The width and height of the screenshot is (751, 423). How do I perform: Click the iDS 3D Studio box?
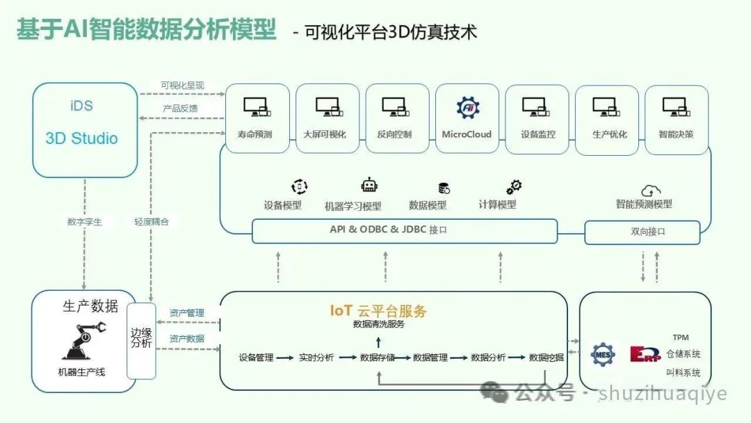coord(85,129)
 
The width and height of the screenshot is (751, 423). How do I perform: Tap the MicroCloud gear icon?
coord(467,107)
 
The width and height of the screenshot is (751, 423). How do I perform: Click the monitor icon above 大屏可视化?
coord(328,107)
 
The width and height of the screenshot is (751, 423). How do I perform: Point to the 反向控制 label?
coord(394,134)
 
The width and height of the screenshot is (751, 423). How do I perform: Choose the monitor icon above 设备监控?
coord(537,107)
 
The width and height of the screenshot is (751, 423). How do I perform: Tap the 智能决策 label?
coord(676,134)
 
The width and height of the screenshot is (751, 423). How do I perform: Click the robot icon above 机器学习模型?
coord(369,186)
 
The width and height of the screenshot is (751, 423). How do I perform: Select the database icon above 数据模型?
coord(443,188)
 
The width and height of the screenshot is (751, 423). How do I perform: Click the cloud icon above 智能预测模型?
coord(651,189)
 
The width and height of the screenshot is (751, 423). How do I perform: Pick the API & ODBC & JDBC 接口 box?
coord(404,230)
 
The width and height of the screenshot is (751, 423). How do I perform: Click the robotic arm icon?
coord(84,339)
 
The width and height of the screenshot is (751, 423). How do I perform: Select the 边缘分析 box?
coord(141,340)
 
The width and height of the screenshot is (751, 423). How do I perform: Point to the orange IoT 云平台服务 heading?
coord(378,311)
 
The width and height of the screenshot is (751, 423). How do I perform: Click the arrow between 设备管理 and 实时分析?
coord(284,358)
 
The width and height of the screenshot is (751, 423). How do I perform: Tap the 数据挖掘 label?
coord(546,358)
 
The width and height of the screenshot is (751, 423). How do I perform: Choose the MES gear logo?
coord(602,354)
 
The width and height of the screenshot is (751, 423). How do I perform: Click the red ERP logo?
coord(643,354)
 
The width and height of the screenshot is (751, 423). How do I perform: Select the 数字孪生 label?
coord(84,222)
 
